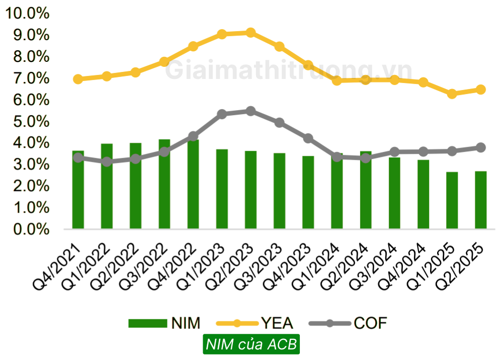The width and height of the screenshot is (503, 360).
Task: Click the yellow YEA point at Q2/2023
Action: tap(250, 33)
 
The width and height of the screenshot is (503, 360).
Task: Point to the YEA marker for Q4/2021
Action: tap(78, 79)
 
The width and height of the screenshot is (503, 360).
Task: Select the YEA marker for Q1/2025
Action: tap(452, 94)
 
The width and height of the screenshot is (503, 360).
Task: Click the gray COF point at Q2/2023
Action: tap(250, 111)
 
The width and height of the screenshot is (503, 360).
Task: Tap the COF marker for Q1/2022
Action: tap(107, 161)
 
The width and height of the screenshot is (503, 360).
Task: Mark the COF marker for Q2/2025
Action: tap(481, 147)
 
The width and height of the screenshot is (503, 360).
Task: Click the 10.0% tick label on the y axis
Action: tap(27, 14)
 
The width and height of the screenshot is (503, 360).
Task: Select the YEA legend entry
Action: tap(254, 323)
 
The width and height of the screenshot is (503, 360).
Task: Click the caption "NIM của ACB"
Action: tap(251, 345)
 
